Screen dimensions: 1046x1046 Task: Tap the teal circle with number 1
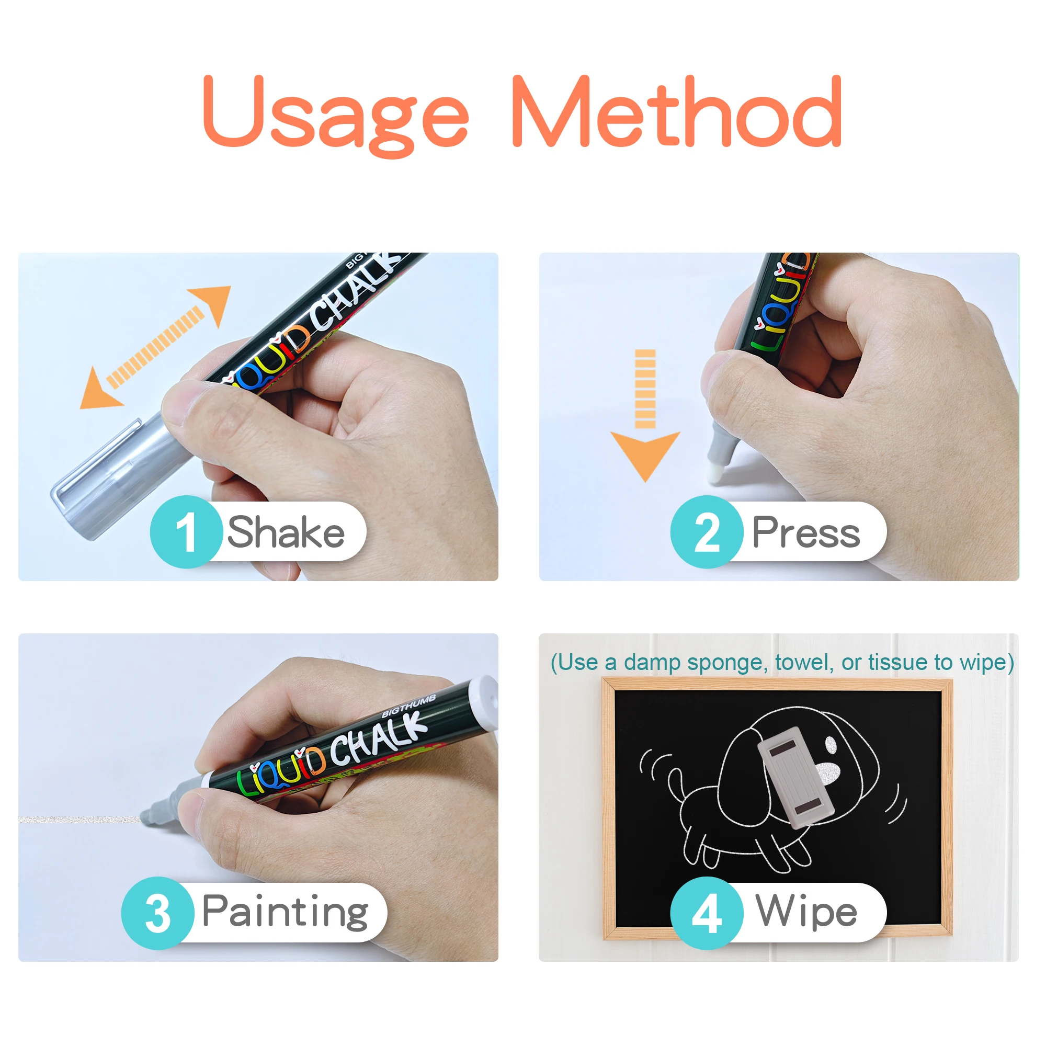pos(186,532)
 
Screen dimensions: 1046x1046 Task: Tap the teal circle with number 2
pos(707,532)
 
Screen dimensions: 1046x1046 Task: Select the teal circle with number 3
pos(157,913)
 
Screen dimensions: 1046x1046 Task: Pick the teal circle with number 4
pos(707,913)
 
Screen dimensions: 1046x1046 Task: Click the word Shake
pos(286,533)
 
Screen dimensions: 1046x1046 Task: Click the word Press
pos(805,533)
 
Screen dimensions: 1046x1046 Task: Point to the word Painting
pos(285,913)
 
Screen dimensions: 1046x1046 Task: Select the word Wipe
pos(806,913)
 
